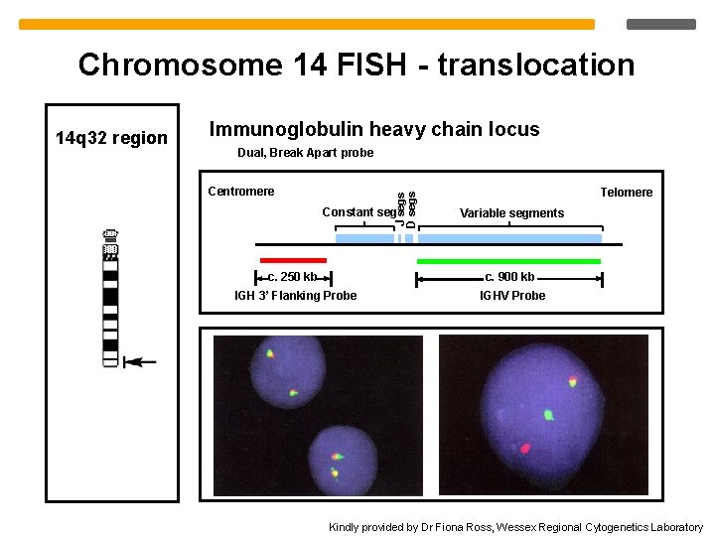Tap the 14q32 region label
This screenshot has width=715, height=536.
(111, 138)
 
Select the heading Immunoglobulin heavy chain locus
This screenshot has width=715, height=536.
(374, 129)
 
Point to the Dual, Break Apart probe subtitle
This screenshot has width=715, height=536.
(306, 153)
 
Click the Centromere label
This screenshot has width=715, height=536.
(240, 192)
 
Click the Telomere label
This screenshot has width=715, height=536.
(626, 193)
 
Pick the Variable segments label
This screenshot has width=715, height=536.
(511, 213)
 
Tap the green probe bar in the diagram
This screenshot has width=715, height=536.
(508, 261)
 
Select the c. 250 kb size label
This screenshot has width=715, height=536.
(293, 278)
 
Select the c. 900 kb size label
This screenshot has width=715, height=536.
(509, 277)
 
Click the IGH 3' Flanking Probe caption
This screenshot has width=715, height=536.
(295, 296)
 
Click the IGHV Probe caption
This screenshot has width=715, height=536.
(512, 296)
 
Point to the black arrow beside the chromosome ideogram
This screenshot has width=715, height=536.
(140, 362)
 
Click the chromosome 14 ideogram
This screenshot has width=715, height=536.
(110, 298)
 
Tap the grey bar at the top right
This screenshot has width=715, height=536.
(662, 24)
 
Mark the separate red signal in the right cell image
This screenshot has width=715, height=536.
(525, 449)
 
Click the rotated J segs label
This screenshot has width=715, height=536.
(400, 207)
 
